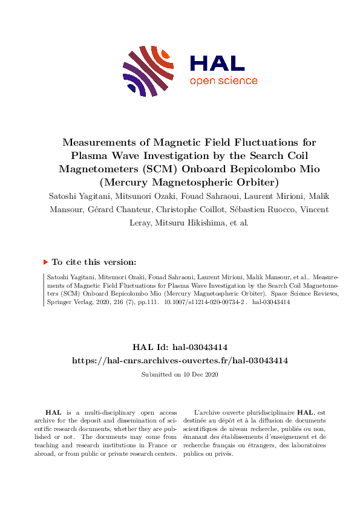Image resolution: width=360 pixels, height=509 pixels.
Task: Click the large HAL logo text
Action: click(217, 63)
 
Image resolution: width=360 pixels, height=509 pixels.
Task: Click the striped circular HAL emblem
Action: click(148, 71)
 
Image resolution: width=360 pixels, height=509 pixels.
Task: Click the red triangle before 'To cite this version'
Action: click(45, 262)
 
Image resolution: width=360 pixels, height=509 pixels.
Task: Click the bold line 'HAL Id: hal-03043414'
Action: click(180, 347)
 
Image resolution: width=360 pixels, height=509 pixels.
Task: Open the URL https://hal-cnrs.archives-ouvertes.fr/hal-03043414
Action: click(180, 360)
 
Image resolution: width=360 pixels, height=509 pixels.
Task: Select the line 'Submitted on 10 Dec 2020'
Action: click(180, 375)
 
